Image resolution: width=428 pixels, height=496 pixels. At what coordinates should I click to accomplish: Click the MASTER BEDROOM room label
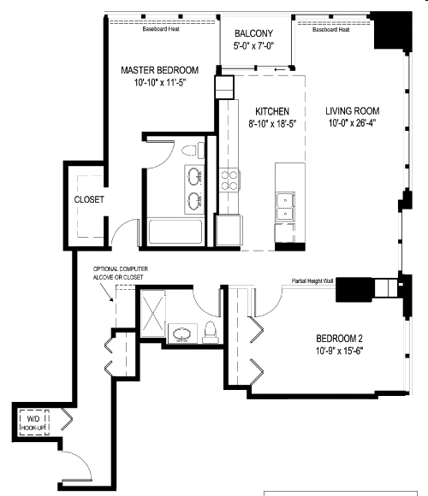pos(160,70)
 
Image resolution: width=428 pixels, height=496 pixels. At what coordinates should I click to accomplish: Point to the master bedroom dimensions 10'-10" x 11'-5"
pos(160,84)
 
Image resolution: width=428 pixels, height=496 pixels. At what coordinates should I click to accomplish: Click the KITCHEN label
pos(272,111)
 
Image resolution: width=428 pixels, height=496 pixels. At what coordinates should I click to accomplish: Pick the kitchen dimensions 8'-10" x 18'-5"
pos(272,125)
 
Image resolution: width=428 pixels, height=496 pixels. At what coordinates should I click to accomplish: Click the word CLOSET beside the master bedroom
pos(88,200)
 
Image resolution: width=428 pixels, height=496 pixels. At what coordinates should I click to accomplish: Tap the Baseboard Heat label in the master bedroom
pos(160,29)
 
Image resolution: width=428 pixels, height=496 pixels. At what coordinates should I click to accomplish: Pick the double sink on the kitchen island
pos(284,205)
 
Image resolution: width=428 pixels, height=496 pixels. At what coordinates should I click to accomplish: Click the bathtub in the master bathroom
pos(175,232)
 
